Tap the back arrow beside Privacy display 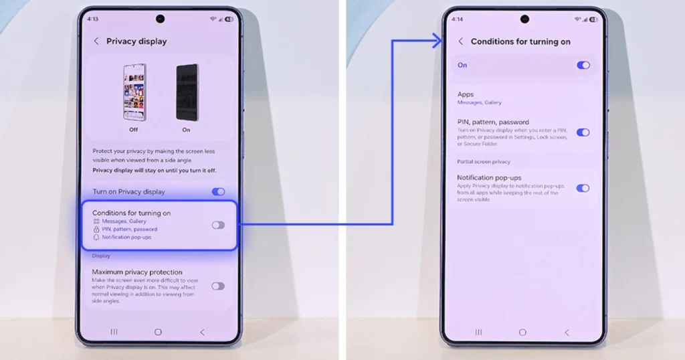(x=96, y=41)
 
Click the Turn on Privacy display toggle (x=218, y=192)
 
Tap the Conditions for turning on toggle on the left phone (x=218, y=225)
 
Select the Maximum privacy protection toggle (x=218, y=286)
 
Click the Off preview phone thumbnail (x=134, y=92)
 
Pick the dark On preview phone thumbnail (x=186, y=92)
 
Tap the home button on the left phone (x=158, y=332)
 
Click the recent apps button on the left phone (x=114, y=332)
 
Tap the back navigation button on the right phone (x=567, y=333)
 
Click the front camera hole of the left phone (x=161, y=18)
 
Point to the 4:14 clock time (x=457, y=19)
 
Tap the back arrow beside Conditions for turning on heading (x=461, y=41)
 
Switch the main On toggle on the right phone (x=583, y=66)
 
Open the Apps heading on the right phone (x=466, y=94)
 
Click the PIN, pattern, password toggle (x=583, y=132)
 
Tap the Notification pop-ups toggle (x=583, y=188)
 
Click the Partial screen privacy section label (x=484, y=161)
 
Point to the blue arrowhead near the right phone (x=438, y=41)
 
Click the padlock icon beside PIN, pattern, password (x=96, y=230)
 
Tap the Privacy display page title (x=136, y=41)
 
